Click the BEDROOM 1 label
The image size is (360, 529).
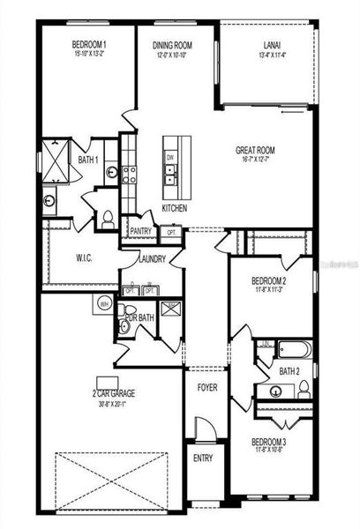click(x=88, y=44)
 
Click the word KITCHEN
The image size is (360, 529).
click(x=174, y=209)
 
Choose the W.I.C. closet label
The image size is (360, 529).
click(x=85, y=259)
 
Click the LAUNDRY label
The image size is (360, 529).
click(x=153, y=259)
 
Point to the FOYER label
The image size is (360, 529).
click(x=206, y=385)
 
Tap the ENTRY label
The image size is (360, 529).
click(x=204, y=458)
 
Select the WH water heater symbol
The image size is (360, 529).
click(x=103, y=304)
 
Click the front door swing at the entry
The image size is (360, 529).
click(x=205, y=432)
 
